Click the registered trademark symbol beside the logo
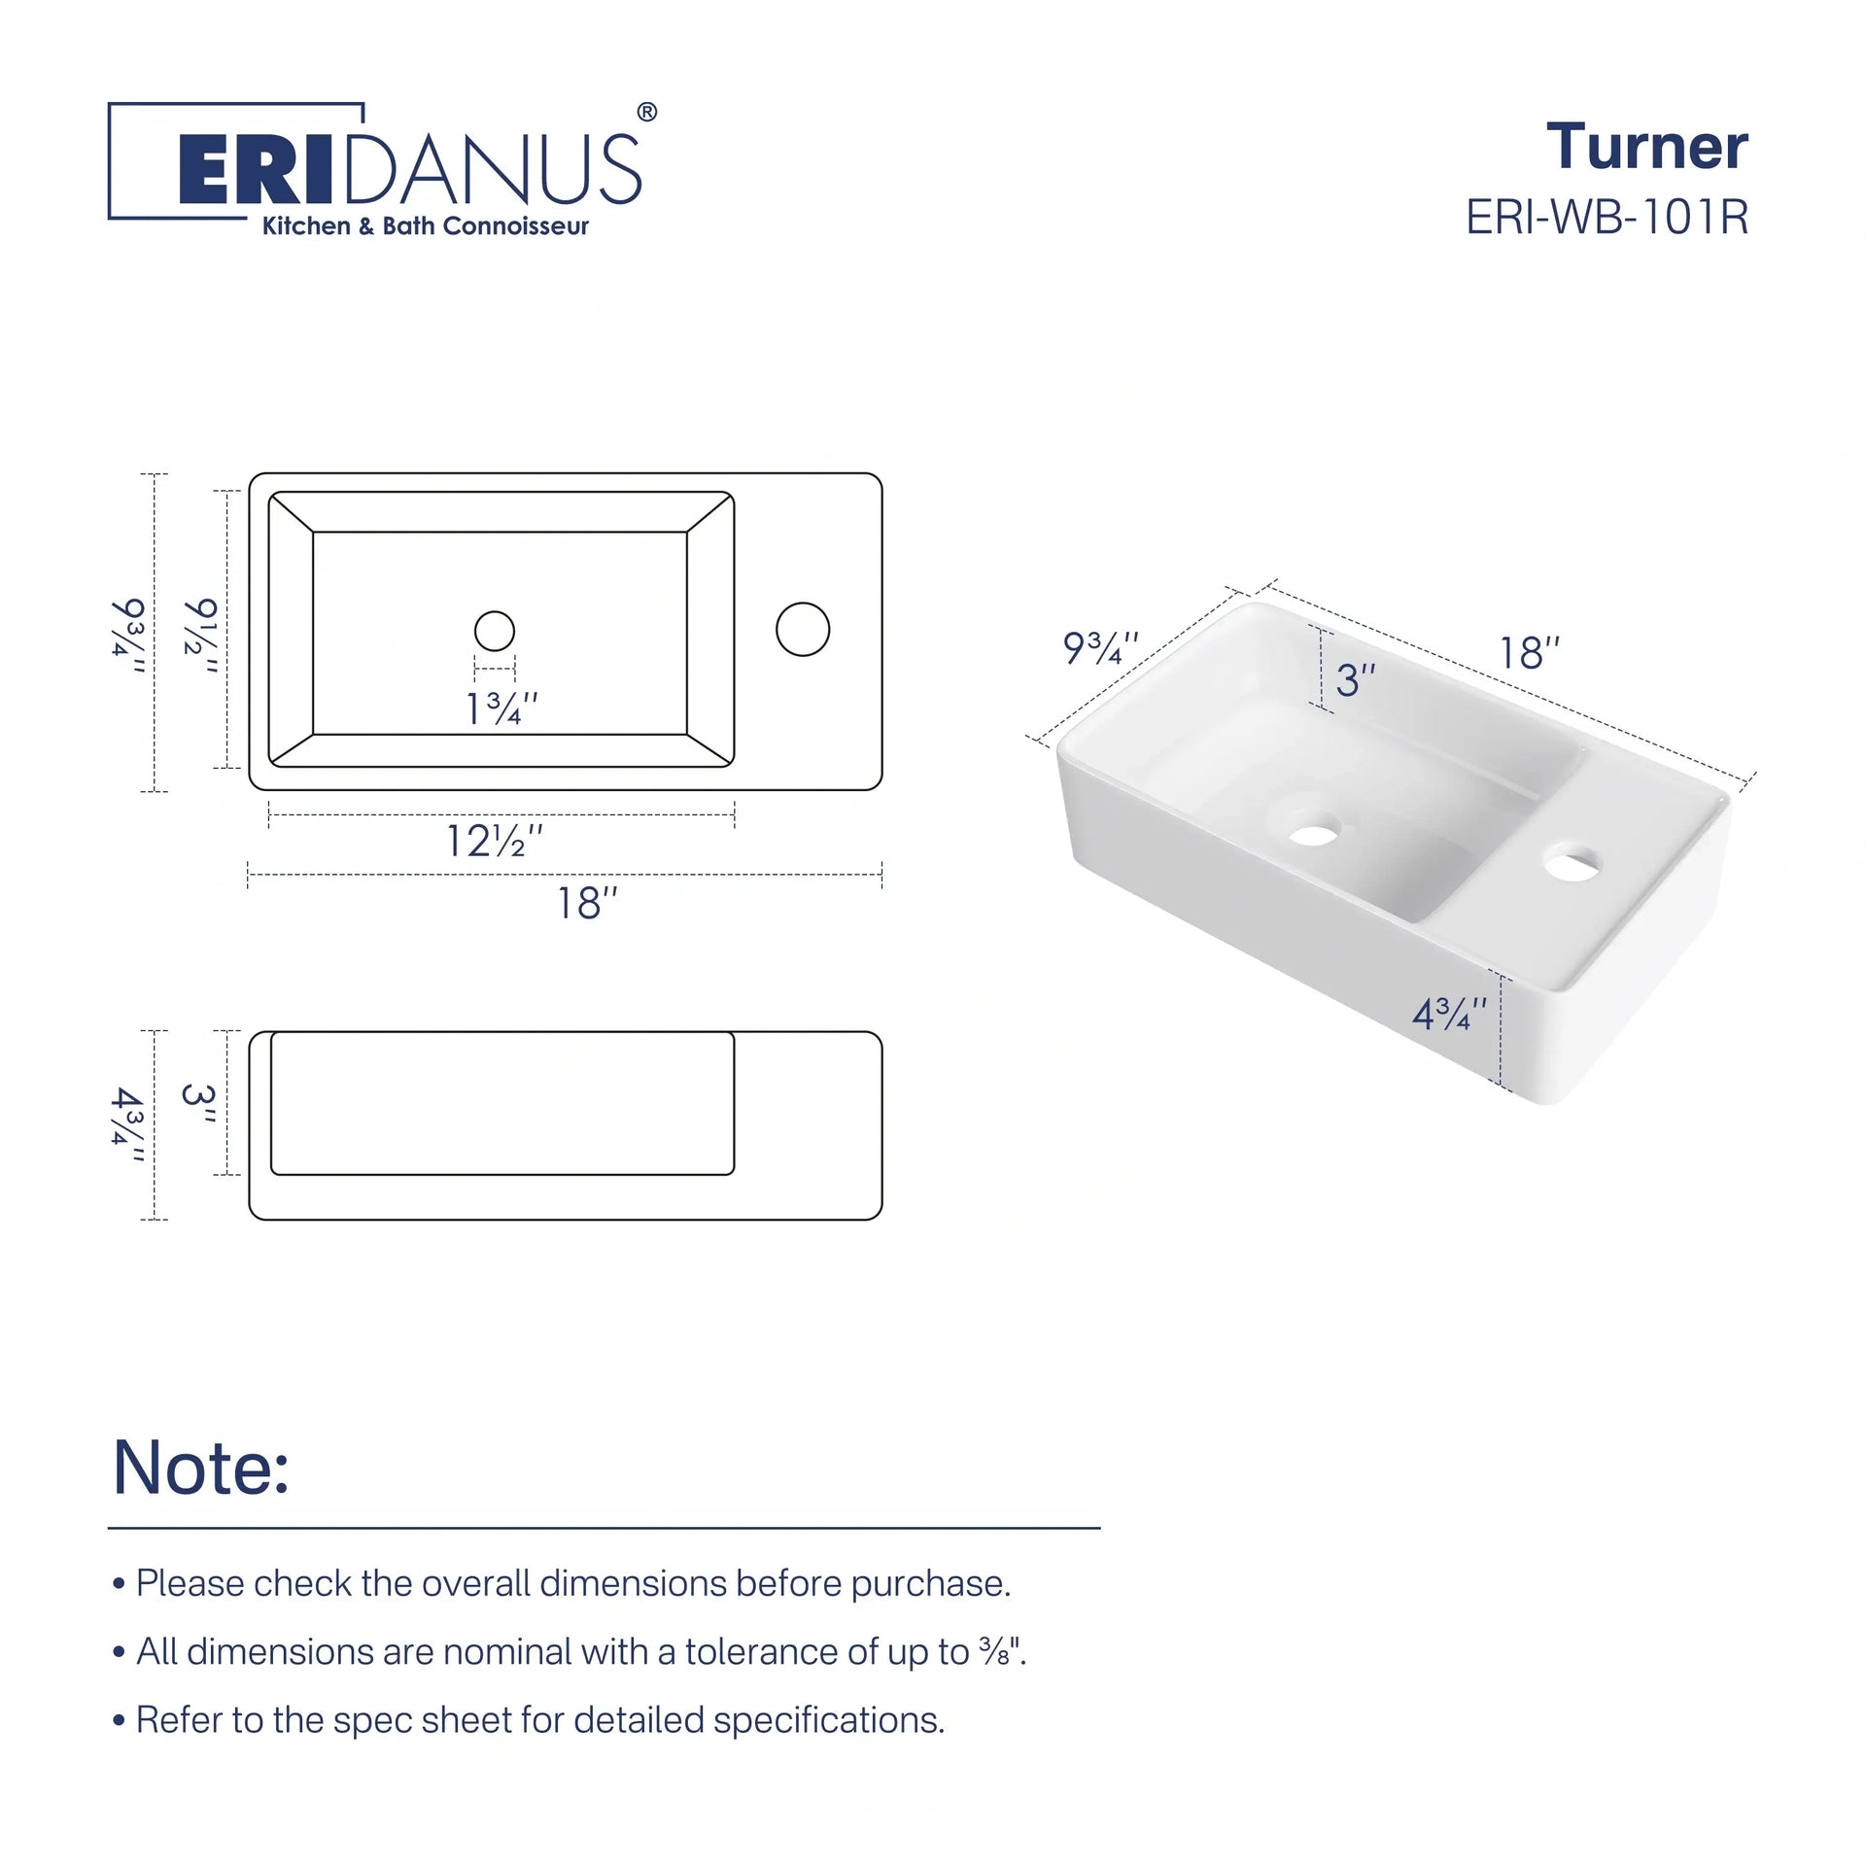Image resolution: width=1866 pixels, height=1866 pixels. tap(646, 113)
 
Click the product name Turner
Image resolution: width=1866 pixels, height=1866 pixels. tap(1647, 147)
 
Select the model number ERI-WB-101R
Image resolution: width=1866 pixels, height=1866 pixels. tap(1607, 217)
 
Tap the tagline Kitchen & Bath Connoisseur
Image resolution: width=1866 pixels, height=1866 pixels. tap(426, 226)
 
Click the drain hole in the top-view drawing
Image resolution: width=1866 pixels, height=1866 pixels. tap(495, 631)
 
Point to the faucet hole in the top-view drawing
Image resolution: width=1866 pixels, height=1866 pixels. tap(803, 629)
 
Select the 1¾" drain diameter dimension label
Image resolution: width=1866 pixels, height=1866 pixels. tap(501, 709)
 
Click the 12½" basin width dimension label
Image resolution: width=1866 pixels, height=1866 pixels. tap(494, 842)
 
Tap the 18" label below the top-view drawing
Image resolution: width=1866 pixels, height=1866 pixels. tap(587, 904)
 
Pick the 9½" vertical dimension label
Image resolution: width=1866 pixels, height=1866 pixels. tap(201, 638)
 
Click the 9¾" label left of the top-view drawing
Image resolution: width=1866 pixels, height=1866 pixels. tap(128, 638)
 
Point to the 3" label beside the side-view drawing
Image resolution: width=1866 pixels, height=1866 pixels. tap(199, 1104)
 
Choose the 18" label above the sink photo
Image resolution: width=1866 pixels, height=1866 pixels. tap(1530, 654)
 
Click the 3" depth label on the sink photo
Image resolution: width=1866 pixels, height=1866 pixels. tap(1355, 680)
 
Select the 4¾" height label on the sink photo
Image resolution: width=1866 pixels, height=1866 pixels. tap(1449, 1015)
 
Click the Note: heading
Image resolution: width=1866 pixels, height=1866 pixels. tap(201, 1468)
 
